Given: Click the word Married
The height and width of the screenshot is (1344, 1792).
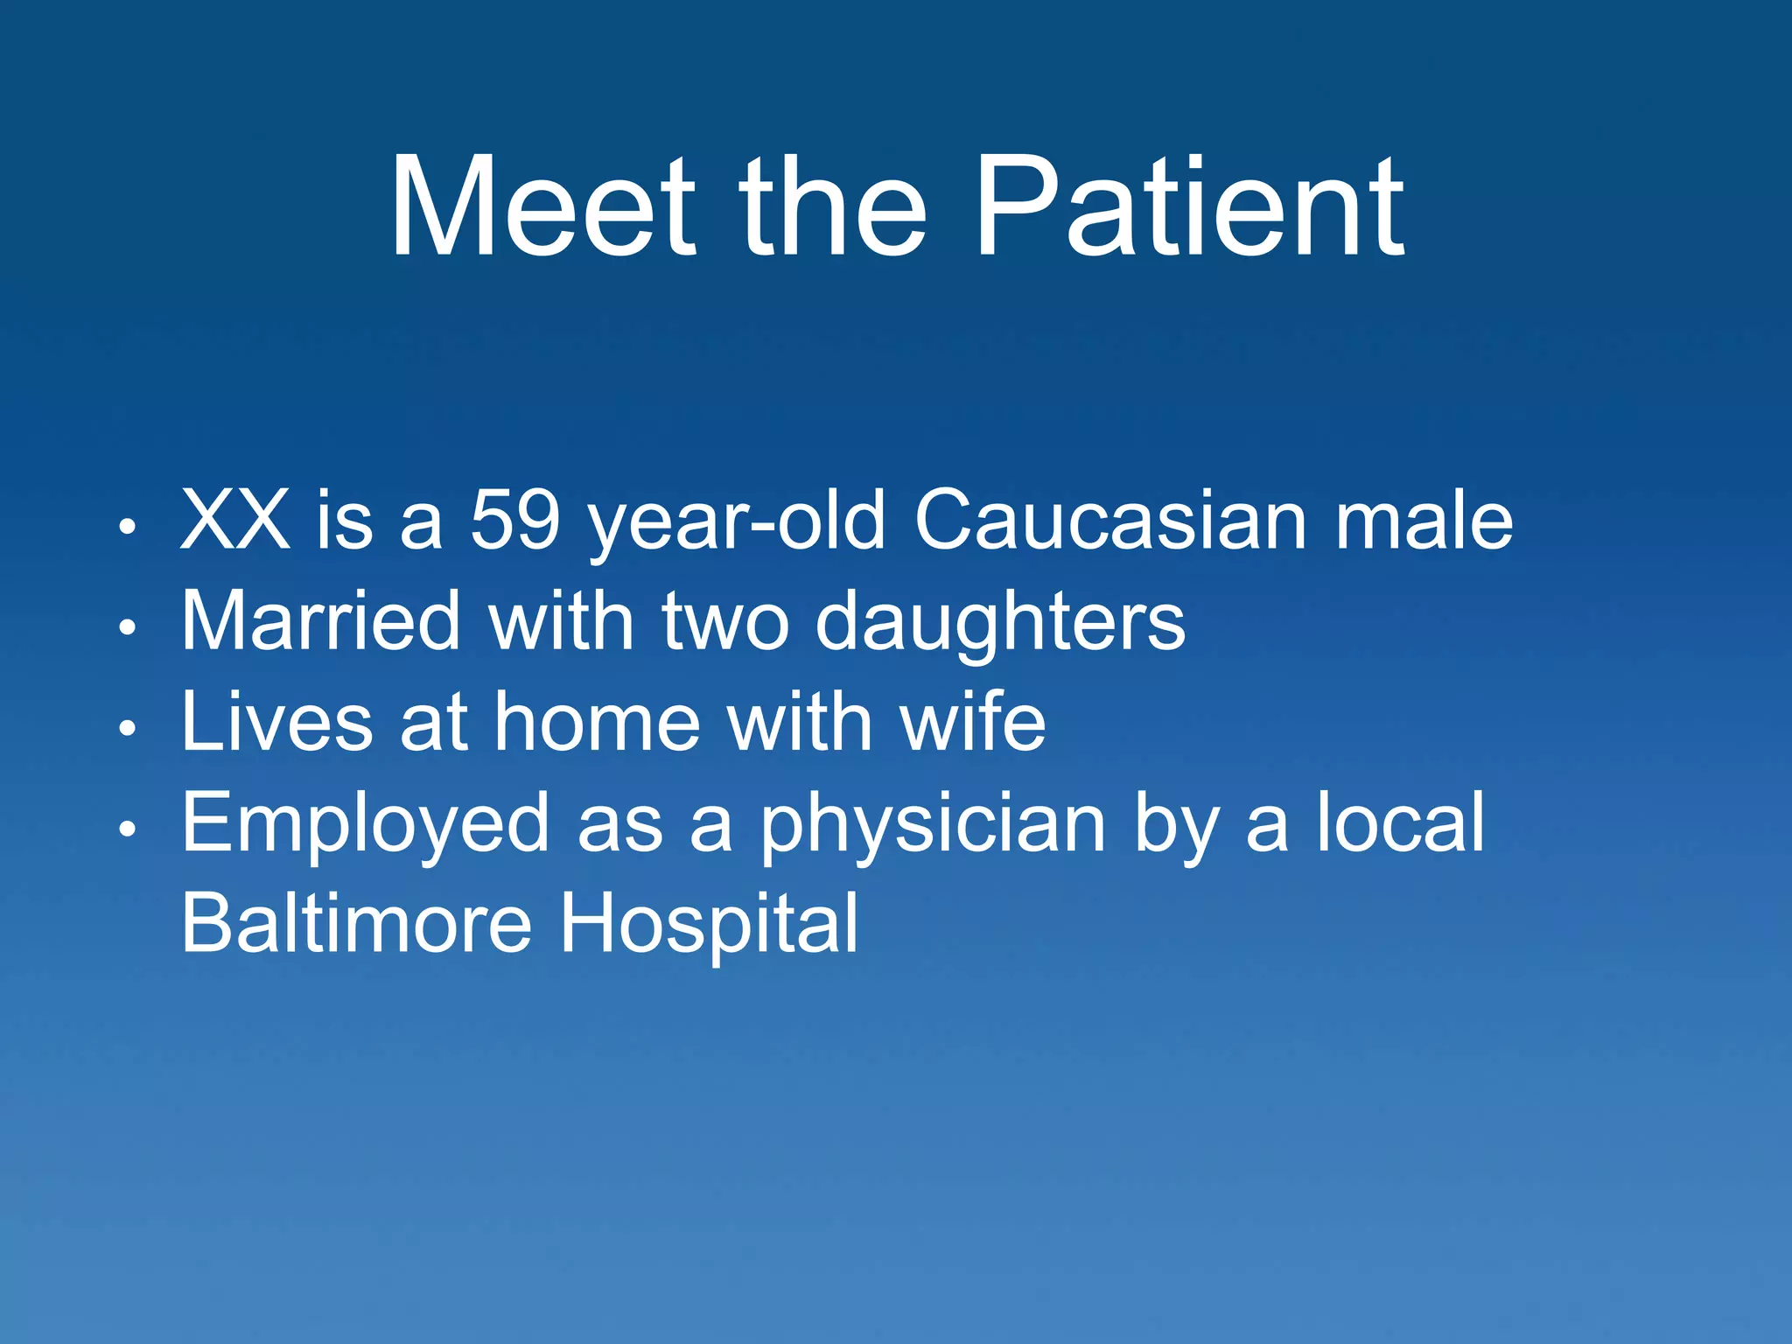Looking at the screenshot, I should (x=320, y=621).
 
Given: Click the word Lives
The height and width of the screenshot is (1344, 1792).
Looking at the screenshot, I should (x=276, y=723).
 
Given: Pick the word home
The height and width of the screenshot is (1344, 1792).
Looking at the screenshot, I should (x=597, y=723).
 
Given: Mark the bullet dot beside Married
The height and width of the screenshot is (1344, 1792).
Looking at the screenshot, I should (x=128, y=626).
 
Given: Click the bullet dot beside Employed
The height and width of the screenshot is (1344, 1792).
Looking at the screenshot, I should (x=128, y=829).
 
